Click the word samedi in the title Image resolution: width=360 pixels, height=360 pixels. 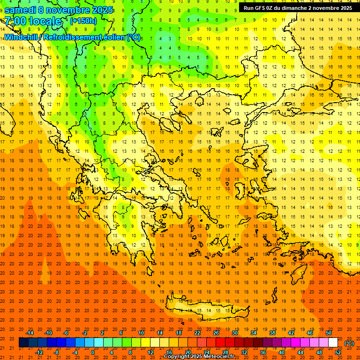(20, 10)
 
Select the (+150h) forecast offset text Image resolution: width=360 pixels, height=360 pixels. (83, 21)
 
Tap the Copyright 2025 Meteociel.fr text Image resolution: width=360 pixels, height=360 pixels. (199, 357)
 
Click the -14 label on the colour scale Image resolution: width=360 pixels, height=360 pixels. (30, 333)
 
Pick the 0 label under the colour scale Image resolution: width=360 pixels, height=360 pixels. (93, 352)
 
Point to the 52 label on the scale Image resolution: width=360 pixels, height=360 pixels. (338, 352)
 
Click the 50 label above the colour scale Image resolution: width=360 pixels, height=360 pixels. (329, 333)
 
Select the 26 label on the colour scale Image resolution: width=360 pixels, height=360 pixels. (216, 333)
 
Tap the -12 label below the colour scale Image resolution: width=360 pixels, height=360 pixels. (39, 352)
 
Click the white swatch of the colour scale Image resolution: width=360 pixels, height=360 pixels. (333, 343)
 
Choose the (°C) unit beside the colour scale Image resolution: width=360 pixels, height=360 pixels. (349, 343)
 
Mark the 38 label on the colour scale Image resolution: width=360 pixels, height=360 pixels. (272, 333)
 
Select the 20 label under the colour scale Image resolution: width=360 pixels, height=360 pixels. (187, 352)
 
